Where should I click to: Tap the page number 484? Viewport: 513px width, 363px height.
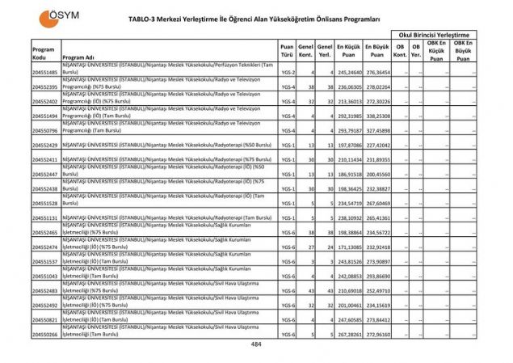(256, 344)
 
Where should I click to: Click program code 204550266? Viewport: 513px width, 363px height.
(45, 334)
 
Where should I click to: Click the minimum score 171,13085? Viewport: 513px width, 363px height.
(348, 247)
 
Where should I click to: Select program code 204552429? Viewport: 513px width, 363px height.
(45, 146)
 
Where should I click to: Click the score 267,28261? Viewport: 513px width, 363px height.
(348, 334)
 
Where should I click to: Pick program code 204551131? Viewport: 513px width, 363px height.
(45, 217)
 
